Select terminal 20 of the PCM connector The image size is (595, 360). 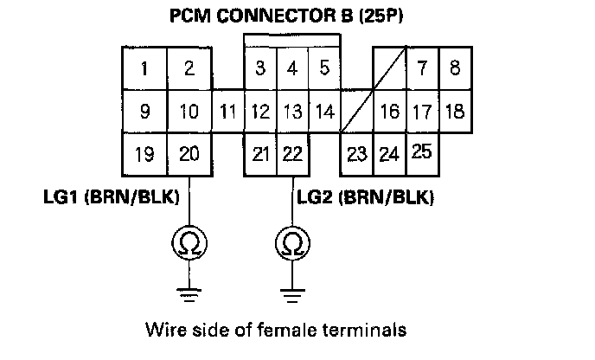tap(189, 154)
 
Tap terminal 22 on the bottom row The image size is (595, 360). tap(292, 154)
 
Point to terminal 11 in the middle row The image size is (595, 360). tap(227, 112)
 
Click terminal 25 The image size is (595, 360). tap(421, 152)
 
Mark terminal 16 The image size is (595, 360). tap(389, 112)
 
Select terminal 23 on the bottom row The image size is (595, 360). tap(356, 155)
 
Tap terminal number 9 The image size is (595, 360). tap(144, 112)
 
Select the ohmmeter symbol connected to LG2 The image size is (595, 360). tap(293, 243)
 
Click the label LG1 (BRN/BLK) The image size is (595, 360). tap(111, 197)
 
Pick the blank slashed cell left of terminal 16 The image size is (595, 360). tap(357, 112)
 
